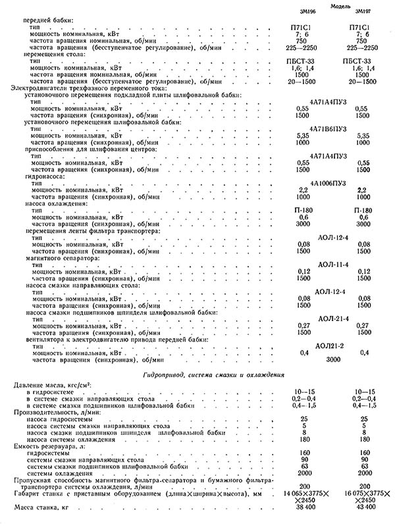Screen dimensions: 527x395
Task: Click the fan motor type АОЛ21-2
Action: pos(331,345)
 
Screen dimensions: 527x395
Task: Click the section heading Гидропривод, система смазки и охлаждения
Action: pos(213,374)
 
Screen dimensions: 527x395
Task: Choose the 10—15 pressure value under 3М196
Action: pos(302,391)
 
